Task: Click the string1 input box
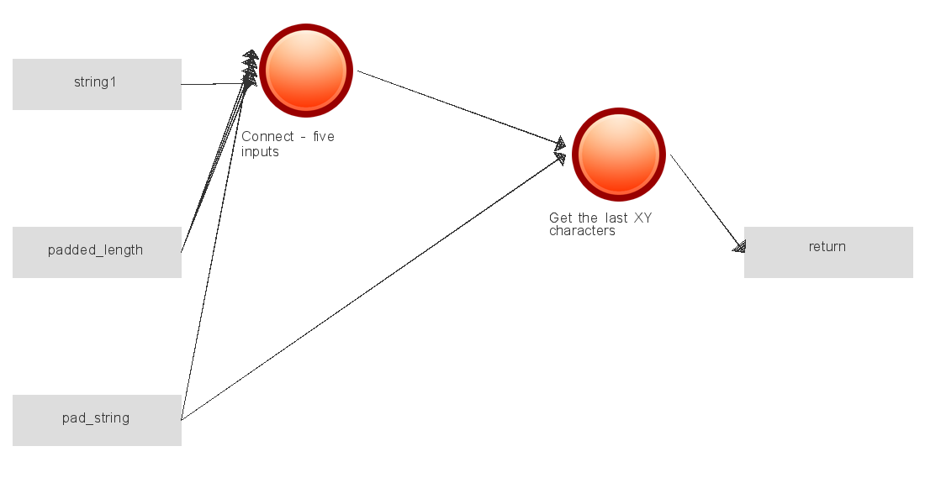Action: (97, 84)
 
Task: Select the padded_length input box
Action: (97, 252)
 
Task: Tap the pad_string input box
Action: (97, 420)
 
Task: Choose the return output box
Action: (828, 252)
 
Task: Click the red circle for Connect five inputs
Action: (306, 71)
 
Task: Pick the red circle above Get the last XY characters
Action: (619, 155)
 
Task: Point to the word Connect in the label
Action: (267, 137)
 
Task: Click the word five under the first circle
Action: (323, 137)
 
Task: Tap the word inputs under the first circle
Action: (260, 152)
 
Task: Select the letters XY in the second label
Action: (642, 218)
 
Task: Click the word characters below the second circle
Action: (582, 231)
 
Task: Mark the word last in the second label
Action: (616, 218)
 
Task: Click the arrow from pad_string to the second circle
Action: (373, 287)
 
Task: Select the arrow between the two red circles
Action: (462, 108)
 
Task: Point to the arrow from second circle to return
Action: (708, 203)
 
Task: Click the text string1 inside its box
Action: (95, 82)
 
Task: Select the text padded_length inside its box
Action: (96, 250)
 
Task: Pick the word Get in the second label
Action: (561, 218)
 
